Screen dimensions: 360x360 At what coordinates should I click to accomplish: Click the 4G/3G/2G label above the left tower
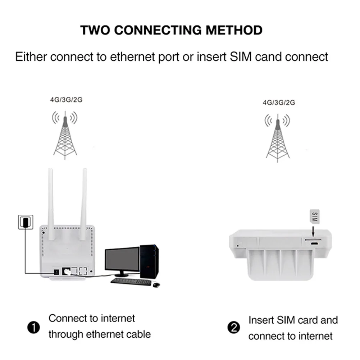point(66,100)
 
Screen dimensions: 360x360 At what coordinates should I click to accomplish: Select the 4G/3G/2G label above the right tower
point(279,102)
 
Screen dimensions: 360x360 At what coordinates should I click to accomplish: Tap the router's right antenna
point(84,203)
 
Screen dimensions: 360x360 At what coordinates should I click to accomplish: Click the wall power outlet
point(26,222)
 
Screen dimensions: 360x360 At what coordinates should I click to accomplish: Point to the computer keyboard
point(131,282)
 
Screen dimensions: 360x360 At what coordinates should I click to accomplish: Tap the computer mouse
point(156,284)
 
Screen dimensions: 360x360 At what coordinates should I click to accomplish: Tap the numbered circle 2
point(234,328)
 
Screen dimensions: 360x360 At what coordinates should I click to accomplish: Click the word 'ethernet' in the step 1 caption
point(97,334)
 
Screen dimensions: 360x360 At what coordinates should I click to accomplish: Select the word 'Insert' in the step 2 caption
point(261,320)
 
